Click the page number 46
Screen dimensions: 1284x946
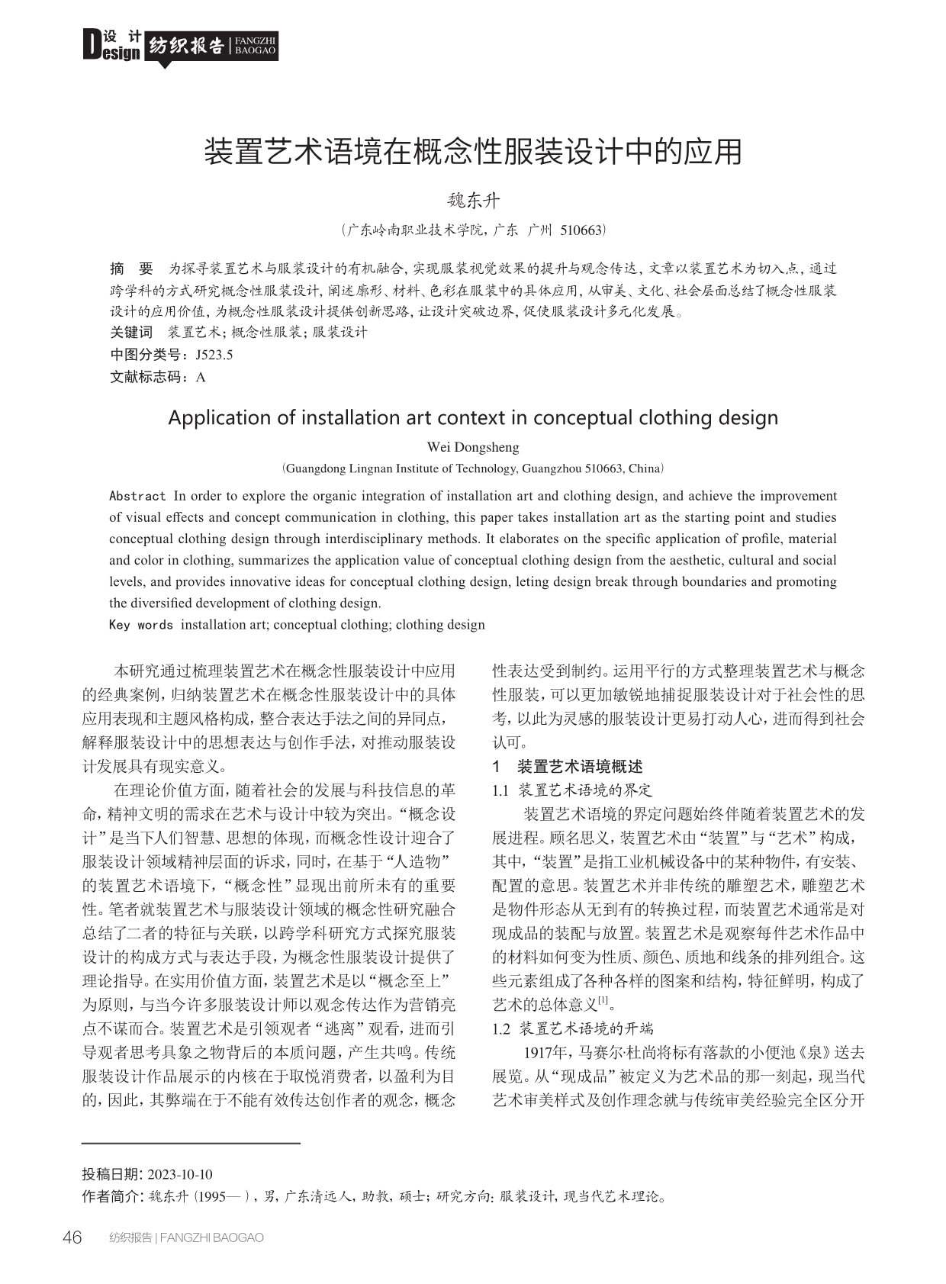click(72, 1237)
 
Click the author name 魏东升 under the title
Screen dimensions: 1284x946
click(473, 201)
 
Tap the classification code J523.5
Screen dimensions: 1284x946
click(214, 355)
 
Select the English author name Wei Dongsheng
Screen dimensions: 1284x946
click(472, 447)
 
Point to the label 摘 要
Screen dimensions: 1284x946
click(131, 269)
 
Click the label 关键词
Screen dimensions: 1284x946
click(131, 333)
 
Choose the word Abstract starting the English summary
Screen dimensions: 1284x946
click(137, 496)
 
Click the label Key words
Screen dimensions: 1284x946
click(141, 625)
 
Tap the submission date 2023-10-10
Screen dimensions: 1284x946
click(180, 1174)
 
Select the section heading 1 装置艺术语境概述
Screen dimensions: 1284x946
click(568, 767)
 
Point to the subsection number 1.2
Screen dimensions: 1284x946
click(501, 1029)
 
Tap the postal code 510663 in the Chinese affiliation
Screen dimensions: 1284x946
click(581, 230)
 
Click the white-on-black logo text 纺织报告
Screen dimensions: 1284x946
click(186, 46)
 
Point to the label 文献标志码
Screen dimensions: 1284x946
click(147, 377)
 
